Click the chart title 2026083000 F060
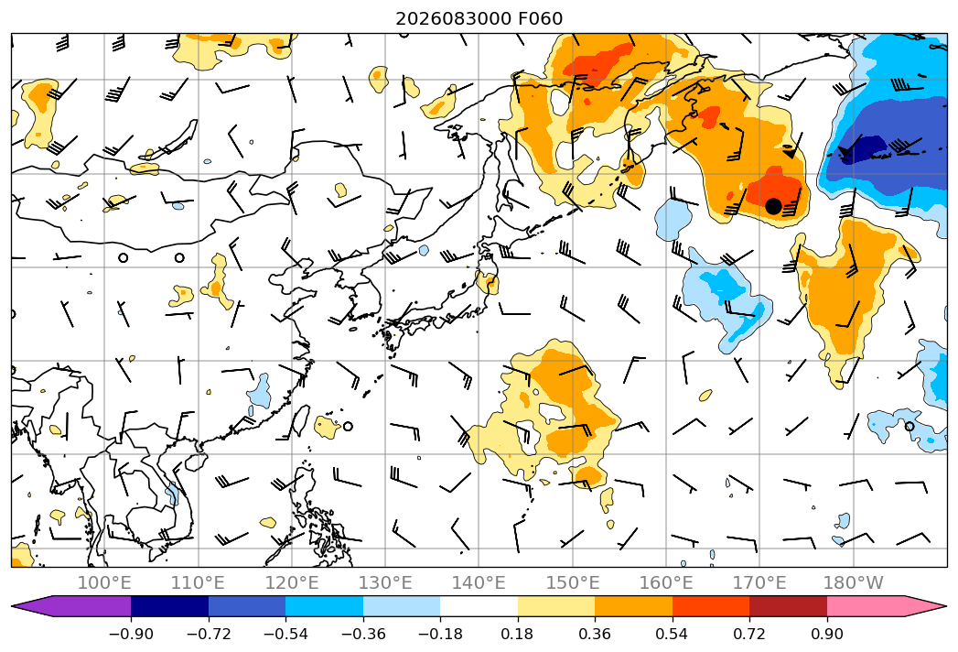(479, 18)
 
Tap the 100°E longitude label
(104, 582)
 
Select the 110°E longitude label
(198, 582)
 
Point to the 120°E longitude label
(292, 582)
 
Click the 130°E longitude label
(385, 582)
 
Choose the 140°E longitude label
(479, 582)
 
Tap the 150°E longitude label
(573, 582)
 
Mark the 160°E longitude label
(666, 582)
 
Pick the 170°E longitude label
(759, 582)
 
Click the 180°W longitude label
(853, 582)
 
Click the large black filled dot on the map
(773, 206)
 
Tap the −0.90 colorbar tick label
(131, 634)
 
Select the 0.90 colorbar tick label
(826, 634)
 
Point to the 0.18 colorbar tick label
(518, 634)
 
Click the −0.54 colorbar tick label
(285, 634)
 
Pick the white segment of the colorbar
(479, 605)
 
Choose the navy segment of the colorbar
(170, 605)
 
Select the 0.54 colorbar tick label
(673, 634)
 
